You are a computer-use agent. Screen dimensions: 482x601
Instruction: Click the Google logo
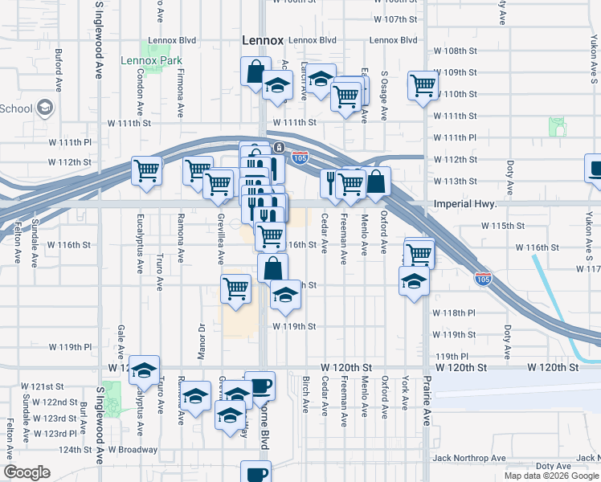pos(27,472)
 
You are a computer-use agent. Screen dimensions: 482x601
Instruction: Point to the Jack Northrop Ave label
pos(469,458)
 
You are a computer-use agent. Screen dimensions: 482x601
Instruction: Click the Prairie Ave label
pos(428,395)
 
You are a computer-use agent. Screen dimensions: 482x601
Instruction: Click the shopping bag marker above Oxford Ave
pos(375,182)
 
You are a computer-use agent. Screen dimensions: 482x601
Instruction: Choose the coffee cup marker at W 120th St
pos(260,386)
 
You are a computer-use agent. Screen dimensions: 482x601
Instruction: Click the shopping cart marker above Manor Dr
pos(235,288)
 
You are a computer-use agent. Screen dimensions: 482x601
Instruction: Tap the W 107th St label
pos(395,19)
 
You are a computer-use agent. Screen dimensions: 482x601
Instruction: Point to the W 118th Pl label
pos(455,312)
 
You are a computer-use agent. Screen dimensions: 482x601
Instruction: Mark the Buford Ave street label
pos(59,70)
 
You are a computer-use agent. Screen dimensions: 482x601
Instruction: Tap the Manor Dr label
pos(202,340)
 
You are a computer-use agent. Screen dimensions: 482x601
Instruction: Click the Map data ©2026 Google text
pos(550,475)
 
